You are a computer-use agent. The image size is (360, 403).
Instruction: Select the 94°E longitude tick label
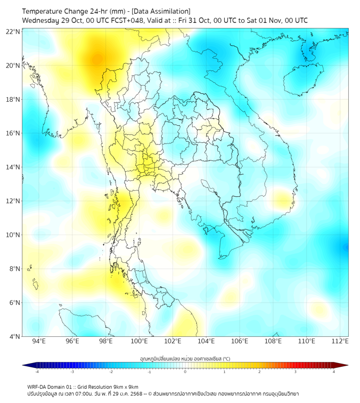coord(39,341)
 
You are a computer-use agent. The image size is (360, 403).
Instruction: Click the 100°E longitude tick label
coord(139,341)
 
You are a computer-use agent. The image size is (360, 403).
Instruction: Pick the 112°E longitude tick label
coord(340,341)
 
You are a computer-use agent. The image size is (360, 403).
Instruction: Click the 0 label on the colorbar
coord(185,372)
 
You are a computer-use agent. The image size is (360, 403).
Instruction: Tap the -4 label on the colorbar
coord(36,372)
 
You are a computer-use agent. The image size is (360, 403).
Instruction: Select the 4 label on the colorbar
coord(334,372)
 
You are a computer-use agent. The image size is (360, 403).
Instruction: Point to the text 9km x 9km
coord(124,386)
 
